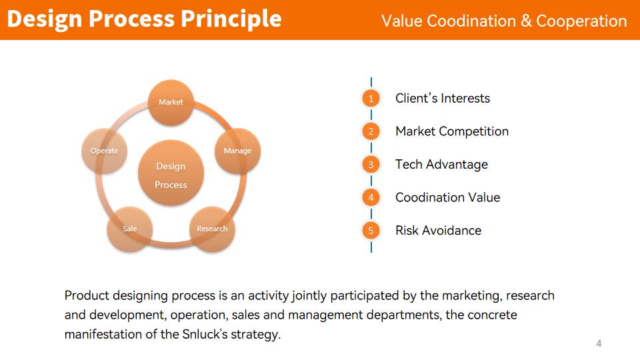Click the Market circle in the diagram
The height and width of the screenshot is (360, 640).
171,102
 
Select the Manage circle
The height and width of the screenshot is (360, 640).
237,151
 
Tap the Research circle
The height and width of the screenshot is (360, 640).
212,229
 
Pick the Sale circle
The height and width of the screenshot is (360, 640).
130,229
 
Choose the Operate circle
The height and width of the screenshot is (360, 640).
105,151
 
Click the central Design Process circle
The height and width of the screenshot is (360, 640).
171,173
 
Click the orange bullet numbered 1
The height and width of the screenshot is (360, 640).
371,99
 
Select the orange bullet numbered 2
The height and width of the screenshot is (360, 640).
371,131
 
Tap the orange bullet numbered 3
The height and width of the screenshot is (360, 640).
371,165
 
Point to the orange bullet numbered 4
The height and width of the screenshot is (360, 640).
371,197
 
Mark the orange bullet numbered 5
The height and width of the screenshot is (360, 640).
371,231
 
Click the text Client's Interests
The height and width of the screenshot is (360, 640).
443,99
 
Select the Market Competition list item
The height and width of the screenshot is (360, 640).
452,131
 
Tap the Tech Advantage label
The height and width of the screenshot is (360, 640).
441,165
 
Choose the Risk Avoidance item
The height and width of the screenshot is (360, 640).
439,231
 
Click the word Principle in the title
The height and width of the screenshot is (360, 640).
231,19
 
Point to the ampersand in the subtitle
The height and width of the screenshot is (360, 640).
526,21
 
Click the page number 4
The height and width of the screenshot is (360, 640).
599,344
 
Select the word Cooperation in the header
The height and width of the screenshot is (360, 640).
581,21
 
